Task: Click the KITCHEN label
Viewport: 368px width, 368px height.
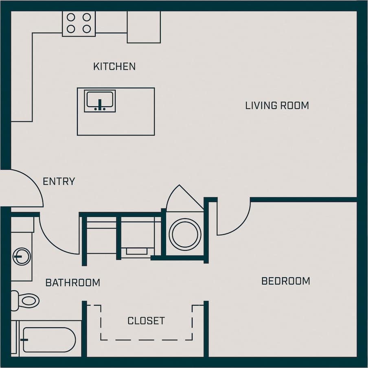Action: (x=114, y=66)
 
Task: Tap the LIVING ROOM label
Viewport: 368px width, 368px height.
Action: (x=277, y=105)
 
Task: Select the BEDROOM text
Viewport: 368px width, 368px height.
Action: (x=285, y=281)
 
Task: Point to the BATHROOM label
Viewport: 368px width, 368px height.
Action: (x=72, y=283)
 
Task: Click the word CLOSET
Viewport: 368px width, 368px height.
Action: (x=146, y=321)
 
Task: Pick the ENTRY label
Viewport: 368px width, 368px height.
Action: (x=59, y=182)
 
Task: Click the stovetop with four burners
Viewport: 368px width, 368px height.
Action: (x=79, y=23)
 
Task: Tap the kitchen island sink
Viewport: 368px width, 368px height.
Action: (x=100, y=101)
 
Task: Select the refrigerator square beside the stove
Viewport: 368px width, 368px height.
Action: (x=144, y=27)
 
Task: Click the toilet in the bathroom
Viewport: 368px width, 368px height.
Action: (x=26, y=300)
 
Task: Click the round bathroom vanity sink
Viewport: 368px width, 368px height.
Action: (x=21, y=256)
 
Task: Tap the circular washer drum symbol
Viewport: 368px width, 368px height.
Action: (x=185, y=234)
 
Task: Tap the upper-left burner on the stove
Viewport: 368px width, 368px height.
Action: (x=71, y=17)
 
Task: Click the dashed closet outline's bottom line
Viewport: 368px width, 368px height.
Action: (x=147, y=340)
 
